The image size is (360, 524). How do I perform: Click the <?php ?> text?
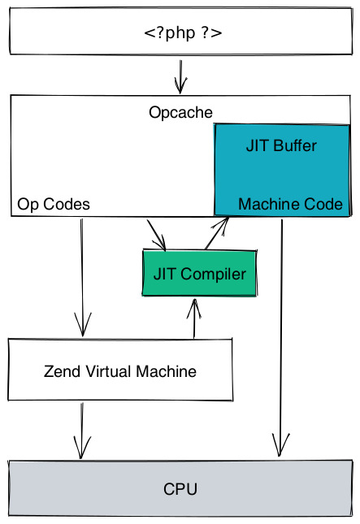coord(183,33)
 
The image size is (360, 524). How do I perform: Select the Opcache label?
coord(180,112)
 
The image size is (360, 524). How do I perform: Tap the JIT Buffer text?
coord(281,145)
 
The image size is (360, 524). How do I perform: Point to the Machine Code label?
coord(290,204)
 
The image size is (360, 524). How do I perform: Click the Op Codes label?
coord(54,204)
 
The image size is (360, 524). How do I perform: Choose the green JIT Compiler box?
coord(200,273)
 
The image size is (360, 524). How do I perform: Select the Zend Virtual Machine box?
coord(120,370)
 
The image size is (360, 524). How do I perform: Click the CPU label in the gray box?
coord(180,489)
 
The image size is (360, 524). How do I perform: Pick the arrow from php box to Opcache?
coord(180,77)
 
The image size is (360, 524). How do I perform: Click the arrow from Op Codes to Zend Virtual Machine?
coord(82,277)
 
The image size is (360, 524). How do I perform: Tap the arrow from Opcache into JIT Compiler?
coord(157,235)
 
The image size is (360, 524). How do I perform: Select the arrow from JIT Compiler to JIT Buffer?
coord(217,233)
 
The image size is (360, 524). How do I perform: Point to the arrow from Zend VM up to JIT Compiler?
coord(194,318)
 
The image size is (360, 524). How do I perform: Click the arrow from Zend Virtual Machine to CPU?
coord(81,431)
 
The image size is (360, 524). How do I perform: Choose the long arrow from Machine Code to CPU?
coord(281,337)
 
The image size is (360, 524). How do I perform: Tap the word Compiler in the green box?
coord(213,275)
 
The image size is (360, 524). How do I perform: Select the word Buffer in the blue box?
coord(295,145)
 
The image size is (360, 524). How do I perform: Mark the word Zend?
coord(63,371)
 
